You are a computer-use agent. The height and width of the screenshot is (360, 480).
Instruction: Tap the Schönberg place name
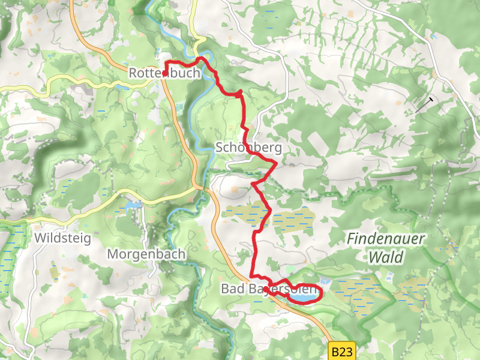point(248,148)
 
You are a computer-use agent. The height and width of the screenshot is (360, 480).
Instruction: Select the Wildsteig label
point(62,238)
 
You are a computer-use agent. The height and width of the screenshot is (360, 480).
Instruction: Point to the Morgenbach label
point(146,254)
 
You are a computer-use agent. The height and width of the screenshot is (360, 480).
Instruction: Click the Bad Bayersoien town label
point(268,290)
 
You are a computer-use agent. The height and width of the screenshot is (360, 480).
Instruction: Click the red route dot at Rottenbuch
point(165,74)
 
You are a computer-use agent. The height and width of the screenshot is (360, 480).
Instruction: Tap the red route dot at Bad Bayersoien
point(266,289)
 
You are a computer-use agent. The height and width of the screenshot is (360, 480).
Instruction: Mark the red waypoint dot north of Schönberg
point(239,94)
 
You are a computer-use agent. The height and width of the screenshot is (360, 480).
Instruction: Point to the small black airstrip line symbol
point(425,105)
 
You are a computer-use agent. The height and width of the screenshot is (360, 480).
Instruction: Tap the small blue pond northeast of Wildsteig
point(131,205)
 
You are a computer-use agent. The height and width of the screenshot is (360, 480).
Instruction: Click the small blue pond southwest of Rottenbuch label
point(123,88)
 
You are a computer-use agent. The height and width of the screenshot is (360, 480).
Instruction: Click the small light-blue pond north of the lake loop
point(325,281)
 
